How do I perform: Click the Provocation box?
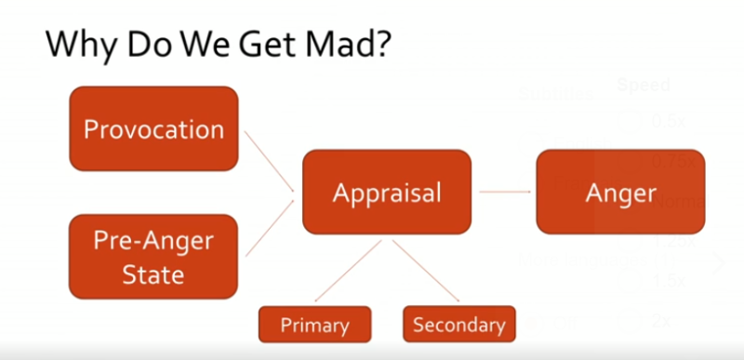tap(153, 128)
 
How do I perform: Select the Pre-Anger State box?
tap(153, 257)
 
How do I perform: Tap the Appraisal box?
tap(386, 192)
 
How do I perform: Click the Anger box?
tap(620, 192)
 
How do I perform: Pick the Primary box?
tap(315, 325)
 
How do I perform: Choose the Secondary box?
tap(458, 324)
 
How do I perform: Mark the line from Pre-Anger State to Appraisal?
tap(269, 226)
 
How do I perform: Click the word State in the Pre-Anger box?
tap(153, 273)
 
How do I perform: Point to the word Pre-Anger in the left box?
tap(153, 242)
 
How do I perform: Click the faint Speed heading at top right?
tap(643, 86)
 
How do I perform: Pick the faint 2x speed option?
tap(661, 321)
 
